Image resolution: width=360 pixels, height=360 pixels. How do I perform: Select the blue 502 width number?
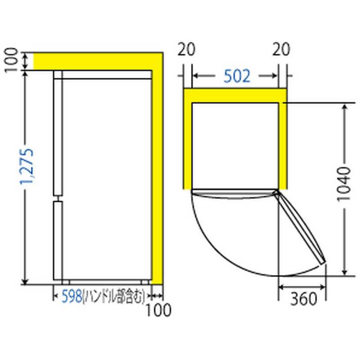[236, 77]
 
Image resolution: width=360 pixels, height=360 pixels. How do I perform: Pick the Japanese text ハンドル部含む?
[113, 296]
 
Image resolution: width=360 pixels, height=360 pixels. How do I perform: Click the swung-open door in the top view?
[301, 227]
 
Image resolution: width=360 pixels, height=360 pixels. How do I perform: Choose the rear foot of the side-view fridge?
[144, 282]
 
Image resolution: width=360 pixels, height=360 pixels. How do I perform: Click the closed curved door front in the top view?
[232, 195]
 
